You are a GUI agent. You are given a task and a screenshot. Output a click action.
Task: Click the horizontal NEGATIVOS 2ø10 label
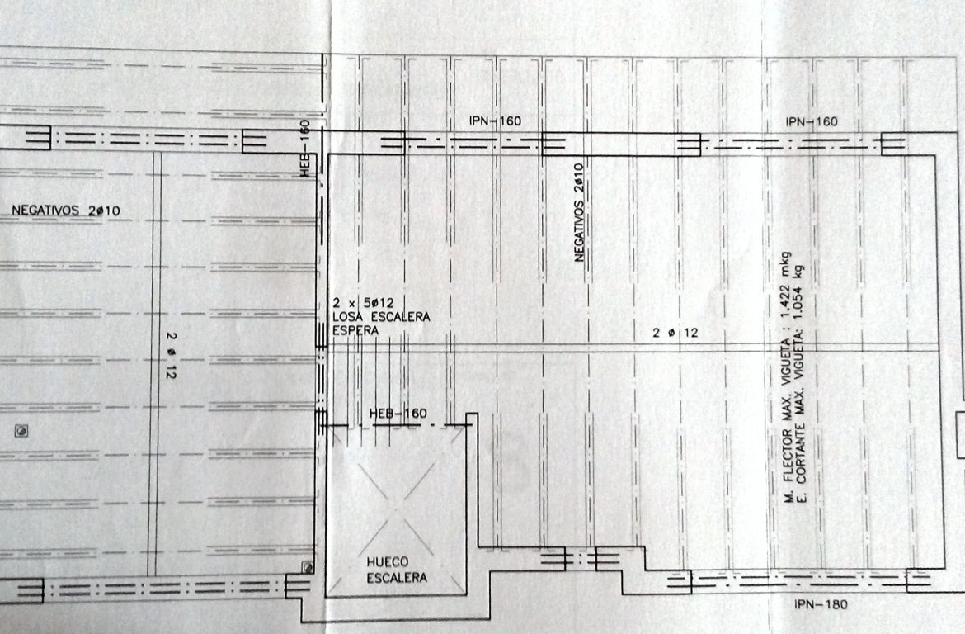66,211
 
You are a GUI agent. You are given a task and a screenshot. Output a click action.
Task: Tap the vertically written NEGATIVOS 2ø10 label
578,212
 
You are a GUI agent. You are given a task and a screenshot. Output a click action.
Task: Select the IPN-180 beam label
821,604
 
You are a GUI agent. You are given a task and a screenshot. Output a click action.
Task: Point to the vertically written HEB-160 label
305,149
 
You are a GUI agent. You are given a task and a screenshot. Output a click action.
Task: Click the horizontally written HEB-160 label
398,414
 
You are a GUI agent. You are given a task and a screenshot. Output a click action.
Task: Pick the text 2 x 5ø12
363,302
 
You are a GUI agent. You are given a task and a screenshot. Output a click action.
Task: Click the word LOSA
346,317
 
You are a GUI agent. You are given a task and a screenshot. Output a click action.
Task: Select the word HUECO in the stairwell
387,562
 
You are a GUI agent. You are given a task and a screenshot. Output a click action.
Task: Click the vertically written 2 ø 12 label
171,356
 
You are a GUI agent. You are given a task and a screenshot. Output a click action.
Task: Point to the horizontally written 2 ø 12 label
675,333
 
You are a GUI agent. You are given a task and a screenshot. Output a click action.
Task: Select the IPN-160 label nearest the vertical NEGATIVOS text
495,121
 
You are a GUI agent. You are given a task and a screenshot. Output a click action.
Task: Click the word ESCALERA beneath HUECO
397,578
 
